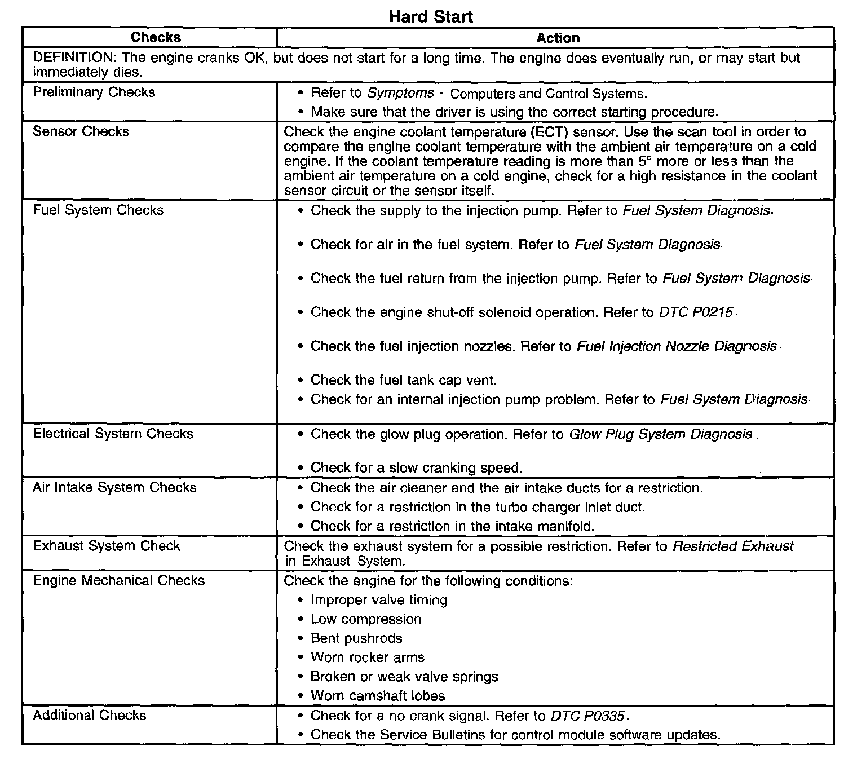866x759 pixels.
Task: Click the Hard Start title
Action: pos(431,16)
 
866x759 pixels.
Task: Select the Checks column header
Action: pos(156,38)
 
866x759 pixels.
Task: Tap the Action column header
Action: pos(558,38)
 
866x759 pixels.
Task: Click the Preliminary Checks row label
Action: pos(94,92)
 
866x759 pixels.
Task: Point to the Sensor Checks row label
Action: pos(81,132)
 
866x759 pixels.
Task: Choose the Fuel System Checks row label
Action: pos(98,210)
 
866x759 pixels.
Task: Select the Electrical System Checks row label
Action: pos(113,434)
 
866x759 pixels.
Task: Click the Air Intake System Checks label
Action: pos(114,488)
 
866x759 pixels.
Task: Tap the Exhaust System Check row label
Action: pos(106,546)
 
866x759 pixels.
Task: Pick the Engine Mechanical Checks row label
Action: pos(118,581)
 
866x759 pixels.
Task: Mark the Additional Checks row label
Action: pos(89,716)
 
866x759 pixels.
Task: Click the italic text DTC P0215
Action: pos(696,312)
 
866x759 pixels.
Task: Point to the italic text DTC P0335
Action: pos(587,716)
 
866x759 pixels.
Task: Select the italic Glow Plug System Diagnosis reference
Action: pos(660,434)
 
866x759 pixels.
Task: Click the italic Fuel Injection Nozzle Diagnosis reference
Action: pos(677,346)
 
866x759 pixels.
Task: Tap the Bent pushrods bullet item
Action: pos(356,638)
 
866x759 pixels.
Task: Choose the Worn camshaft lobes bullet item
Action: pos(378,696)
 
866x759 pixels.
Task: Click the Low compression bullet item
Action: pos(365,619)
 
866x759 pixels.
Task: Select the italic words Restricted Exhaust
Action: pos(733,546)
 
